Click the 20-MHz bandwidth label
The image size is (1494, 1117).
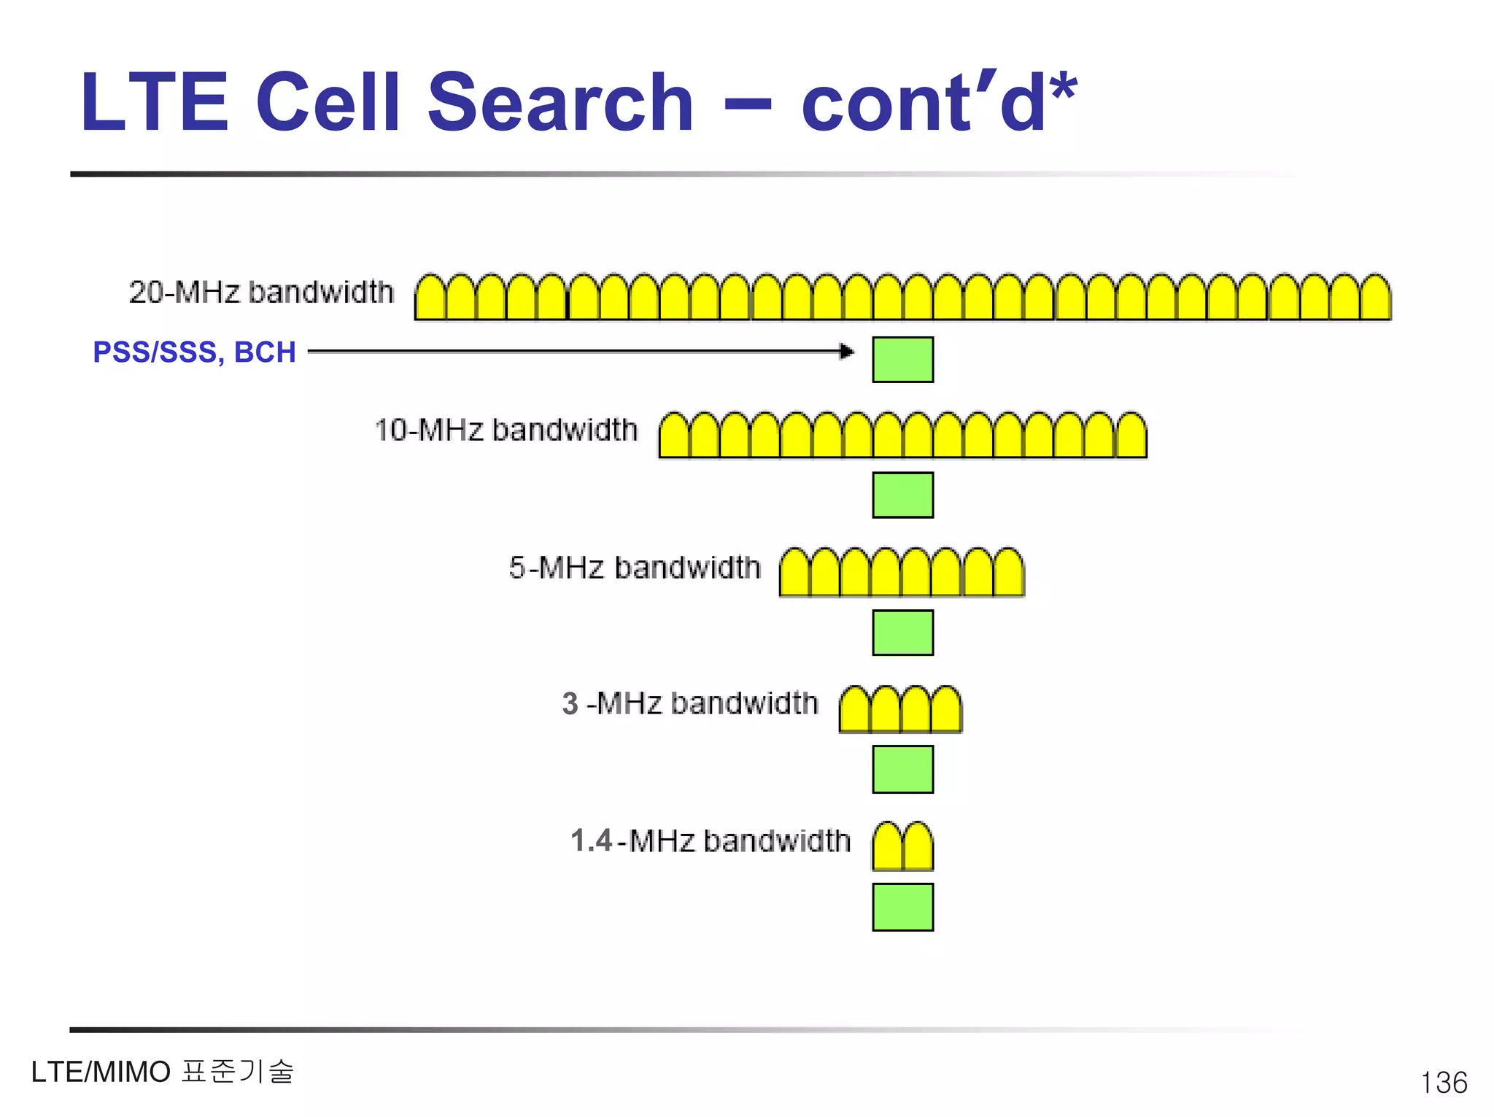261,292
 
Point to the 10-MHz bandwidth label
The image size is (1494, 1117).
506,430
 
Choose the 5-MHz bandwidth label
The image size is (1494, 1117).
634,568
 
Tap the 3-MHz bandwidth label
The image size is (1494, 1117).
689,704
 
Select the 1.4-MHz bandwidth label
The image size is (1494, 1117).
710,841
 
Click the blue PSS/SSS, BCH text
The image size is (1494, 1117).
194,352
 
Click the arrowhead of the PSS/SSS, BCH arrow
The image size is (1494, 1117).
847,352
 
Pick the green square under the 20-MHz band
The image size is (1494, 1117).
902,360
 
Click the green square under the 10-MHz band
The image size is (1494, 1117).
902,495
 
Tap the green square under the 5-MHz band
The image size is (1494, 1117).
902,633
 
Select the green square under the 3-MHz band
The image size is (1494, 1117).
902,769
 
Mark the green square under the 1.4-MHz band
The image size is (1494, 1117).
902,907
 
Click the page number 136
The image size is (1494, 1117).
1444,1083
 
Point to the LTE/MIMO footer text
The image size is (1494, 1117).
162,1072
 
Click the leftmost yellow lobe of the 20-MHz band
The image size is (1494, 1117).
430,299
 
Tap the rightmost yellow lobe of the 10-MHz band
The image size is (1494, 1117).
1131,436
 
